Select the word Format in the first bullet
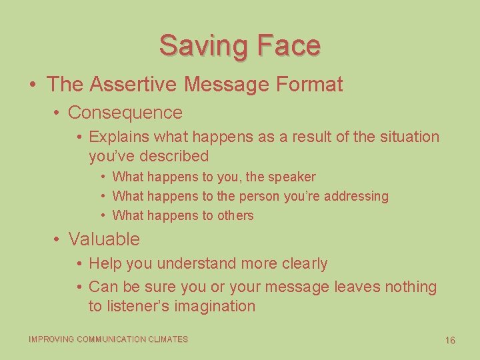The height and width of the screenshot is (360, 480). point(309,85)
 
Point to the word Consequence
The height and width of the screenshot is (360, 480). point(125,113)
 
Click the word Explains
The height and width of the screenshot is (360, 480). point(119,137)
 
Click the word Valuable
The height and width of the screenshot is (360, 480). point(104,239)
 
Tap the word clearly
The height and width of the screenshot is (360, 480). point(303,264)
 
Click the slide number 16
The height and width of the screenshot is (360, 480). point(450,341)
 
